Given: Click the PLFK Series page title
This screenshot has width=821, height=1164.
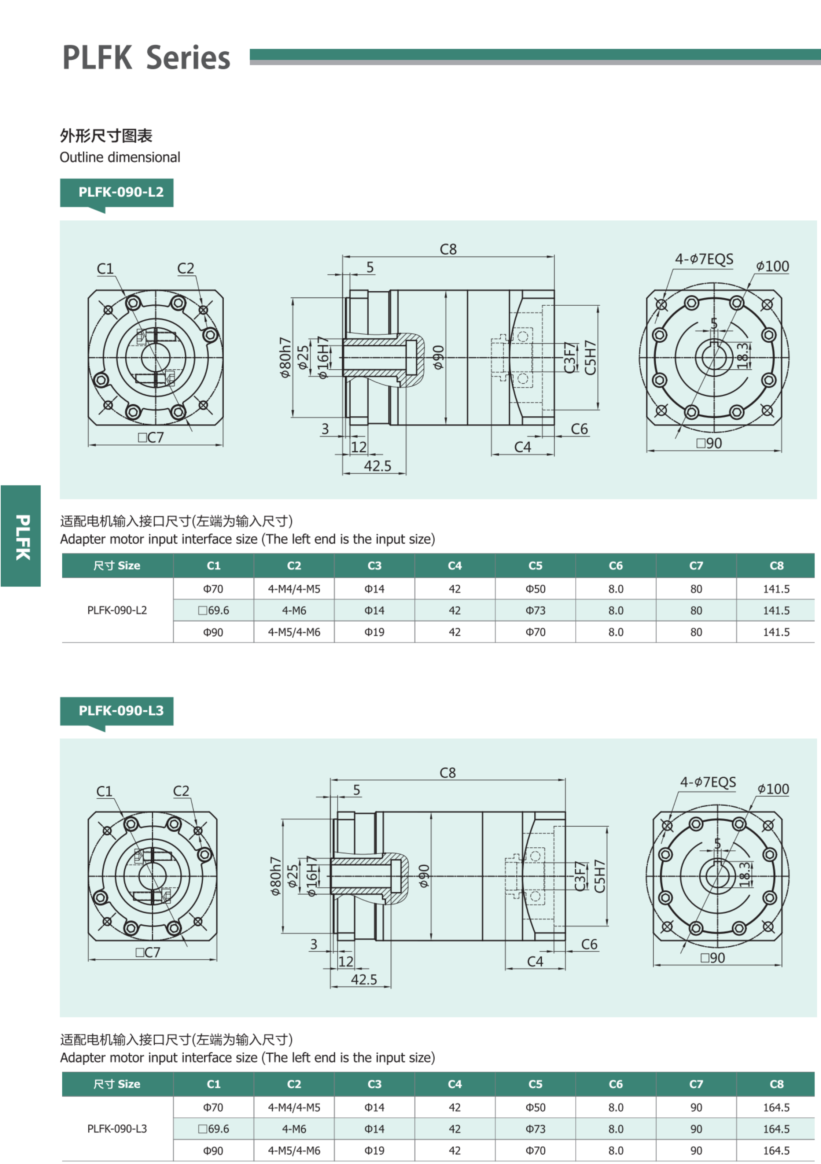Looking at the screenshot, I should coord(146,57).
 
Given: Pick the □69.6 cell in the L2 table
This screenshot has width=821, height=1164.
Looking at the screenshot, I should coord(213,610).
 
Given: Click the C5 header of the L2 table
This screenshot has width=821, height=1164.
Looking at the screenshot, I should coord(535,566).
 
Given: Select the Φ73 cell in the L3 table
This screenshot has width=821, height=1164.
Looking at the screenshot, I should coord(535,1129).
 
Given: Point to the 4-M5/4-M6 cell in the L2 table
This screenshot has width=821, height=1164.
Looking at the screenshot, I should coord(294,632).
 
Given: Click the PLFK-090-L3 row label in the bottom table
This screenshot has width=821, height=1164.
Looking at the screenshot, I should coord(117,1129).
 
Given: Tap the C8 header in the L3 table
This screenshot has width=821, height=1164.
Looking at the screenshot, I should coord(776,1084).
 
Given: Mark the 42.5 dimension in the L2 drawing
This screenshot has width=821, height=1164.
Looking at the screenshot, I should coord(377,466).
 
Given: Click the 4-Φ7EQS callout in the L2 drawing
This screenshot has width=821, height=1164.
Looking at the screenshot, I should coord(704,259).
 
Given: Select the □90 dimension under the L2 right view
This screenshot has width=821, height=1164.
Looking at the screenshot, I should coord(709,443).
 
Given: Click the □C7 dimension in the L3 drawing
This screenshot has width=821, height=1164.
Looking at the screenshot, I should coord(148,953).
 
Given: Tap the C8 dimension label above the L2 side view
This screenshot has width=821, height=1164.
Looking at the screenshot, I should coord(448,250).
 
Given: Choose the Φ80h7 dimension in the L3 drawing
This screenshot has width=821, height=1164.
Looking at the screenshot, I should coord(275,876).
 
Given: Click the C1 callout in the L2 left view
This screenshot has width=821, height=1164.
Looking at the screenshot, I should coord(105,269).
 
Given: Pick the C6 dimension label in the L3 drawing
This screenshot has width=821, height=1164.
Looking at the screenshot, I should coord(589,944).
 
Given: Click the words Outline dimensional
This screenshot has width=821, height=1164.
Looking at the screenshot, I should coord(120,157).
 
